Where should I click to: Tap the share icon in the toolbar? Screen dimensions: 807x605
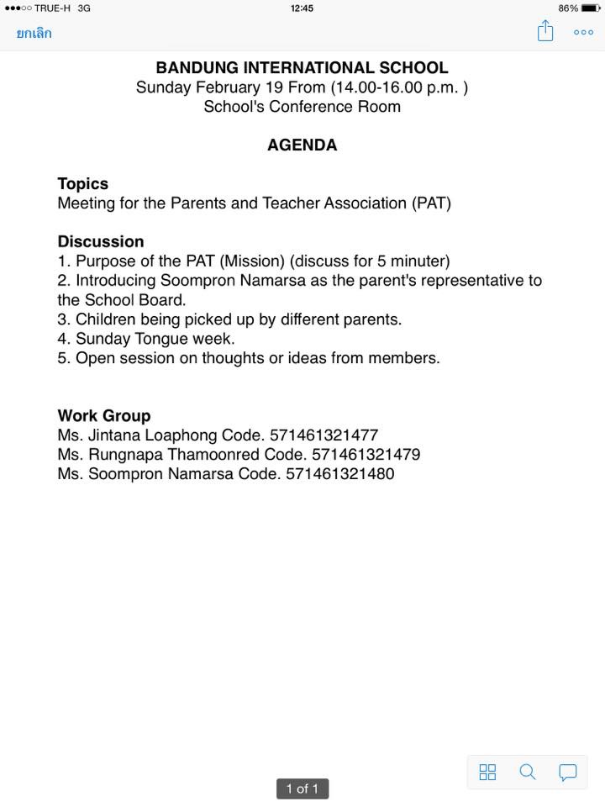[545, 32]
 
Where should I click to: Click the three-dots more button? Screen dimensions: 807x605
[583, 33]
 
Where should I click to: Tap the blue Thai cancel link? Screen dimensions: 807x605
[34, 34]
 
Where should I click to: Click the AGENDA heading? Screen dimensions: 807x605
[302, 145]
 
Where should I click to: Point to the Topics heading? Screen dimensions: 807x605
[82, 183]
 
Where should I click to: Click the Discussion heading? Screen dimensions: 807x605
[101, 241]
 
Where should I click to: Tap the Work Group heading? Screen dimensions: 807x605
[104, 415]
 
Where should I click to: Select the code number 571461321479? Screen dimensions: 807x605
[366, 455]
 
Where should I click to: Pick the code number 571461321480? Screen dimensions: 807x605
[339, 474]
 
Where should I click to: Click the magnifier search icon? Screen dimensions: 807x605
[528, 772]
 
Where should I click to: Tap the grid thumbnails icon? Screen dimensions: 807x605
[487, 772]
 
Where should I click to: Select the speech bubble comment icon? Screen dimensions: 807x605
[568, 772]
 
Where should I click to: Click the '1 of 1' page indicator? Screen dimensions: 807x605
[302, 789]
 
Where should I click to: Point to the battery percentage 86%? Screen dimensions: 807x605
[567, 8]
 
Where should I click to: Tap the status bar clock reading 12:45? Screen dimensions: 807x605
[302, 8]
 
